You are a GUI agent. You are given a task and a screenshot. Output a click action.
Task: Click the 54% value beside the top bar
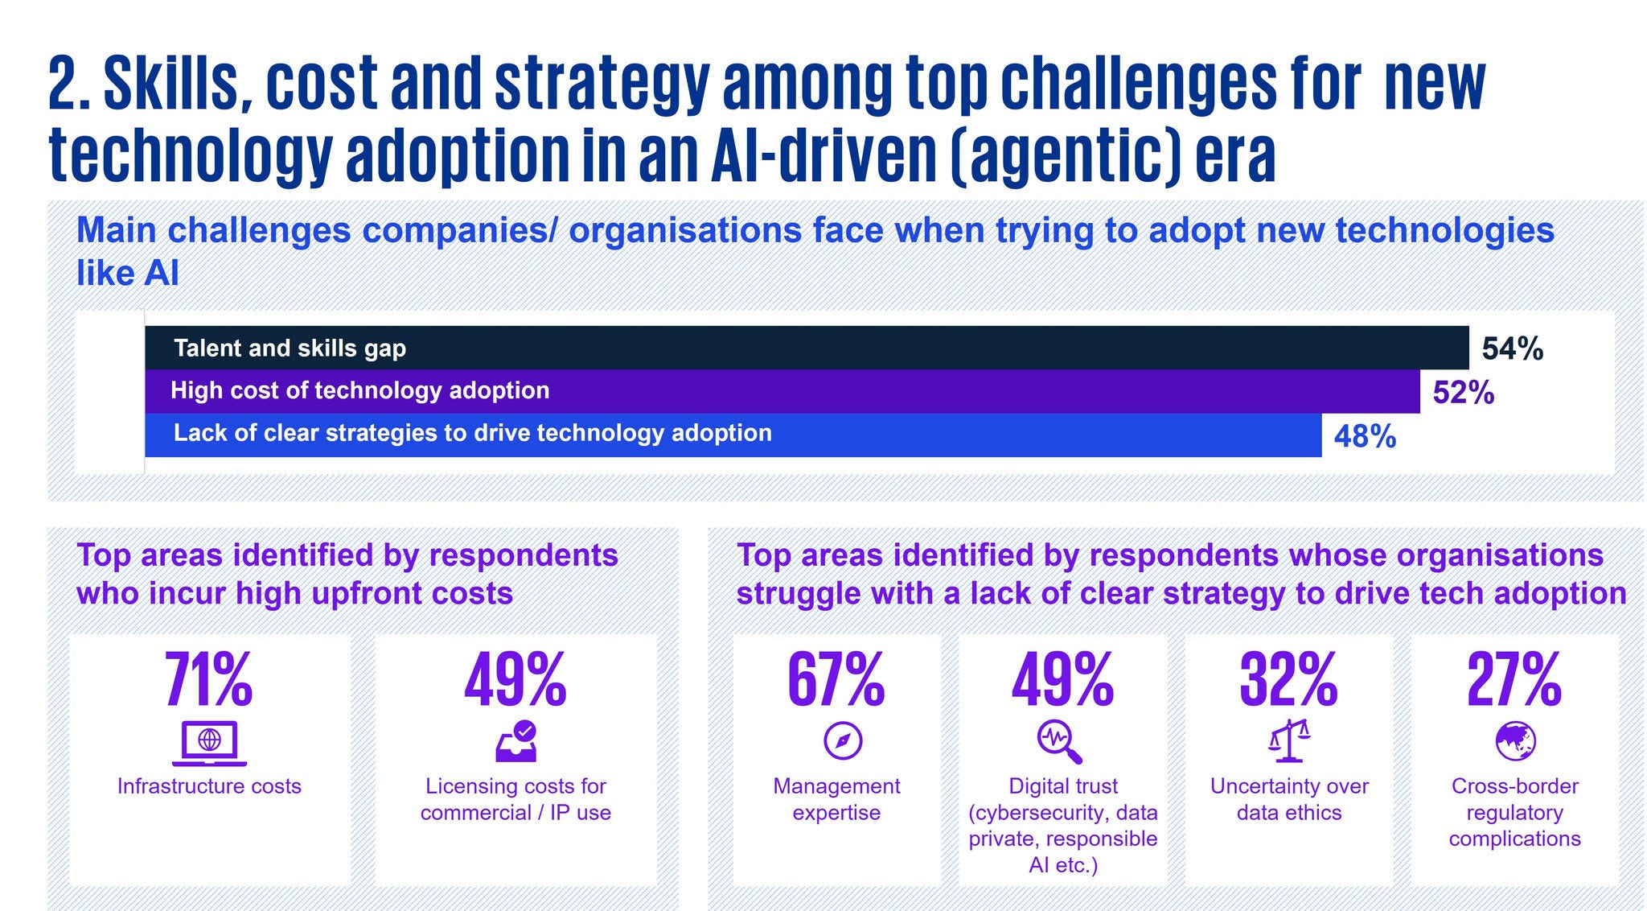coord(1512,349)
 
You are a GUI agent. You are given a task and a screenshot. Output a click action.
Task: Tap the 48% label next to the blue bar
coord(1365,436)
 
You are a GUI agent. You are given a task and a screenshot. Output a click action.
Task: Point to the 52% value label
coord(1463,393)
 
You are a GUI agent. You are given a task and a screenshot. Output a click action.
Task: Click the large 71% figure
coord(209,681)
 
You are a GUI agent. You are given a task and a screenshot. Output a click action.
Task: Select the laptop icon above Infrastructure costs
coord(209,742)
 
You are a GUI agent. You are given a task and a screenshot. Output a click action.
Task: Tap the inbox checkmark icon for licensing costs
coord(516,741)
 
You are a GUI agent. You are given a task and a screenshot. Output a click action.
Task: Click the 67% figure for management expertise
coord(836,681)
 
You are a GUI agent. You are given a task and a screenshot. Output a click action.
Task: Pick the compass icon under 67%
coord(843,740)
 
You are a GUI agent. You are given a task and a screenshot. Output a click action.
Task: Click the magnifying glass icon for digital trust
coord(1059,741)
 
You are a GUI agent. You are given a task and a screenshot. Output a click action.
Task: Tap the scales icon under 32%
coord(1289,741)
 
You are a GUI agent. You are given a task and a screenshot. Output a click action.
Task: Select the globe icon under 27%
coord(1515,740)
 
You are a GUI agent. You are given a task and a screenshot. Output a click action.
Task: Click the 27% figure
coord(1514,681)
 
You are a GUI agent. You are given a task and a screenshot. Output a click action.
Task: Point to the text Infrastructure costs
coord(209,786)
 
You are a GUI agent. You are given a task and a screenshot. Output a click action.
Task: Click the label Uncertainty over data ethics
coord(1289,799)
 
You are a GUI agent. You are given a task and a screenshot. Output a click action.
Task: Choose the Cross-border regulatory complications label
coord(1515,812)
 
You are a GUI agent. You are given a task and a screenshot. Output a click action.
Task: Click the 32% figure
coord(1288,681)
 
